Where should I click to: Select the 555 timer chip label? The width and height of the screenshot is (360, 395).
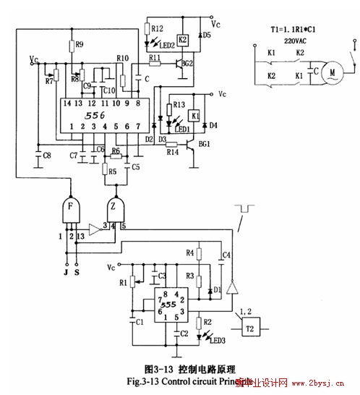tap(168, 305)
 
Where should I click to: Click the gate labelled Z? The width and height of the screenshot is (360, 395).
tap(116, 211)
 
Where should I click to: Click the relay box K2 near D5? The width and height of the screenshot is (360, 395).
tap(183, 39)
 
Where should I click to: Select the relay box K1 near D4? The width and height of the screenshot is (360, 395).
tap(194, 115)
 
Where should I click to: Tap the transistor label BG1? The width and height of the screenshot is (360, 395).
tap(205, 145)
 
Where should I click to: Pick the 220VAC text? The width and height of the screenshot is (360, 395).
tap(288, 42)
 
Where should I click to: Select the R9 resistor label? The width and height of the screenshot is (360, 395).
tap(79, 45)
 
